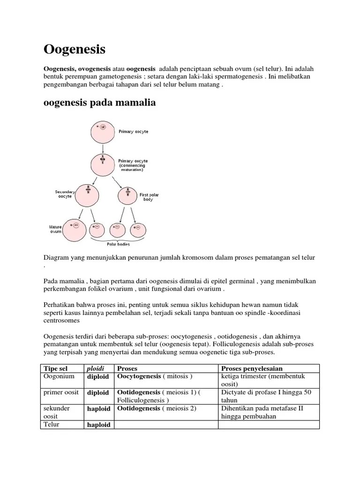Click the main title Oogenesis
(74, 49)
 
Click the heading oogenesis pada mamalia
(99, 103)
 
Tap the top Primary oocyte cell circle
(100, 132)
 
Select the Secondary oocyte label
(65, 194)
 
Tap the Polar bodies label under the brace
(118, 244)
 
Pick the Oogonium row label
(59, 376)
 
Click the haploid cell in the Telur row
(98, 425)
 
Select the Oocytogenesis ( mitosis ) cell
(155, 376)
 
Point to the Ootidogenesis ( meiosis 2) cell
(157, 408)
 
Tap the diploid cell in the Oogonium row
(98, 377)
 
